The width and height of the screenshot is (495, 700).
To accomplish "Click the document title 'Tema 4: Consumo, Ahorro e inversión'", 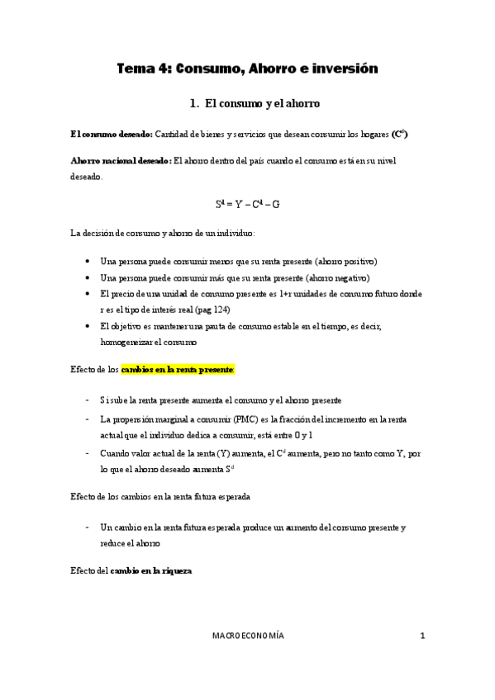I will tap(247, 69).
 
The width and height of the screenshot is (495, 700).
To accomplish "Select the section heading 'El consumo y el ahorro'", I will tap(261, 104).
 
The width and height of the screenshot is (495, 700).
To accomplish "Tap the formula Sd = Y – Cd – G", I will tap(247, 202).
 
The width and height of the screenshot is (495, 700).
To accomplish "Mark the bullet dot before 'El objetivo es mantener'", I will tap(88, 327).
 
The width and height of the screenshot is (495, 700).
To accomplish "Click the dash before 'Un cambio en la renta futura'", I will tap(88, 527).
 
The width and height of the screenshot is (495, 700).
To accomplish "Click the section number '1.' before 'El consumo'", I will tap(194, 104).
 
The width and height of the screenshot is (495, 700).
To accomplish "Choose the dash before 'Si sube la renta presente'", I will tap(88, 400).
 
